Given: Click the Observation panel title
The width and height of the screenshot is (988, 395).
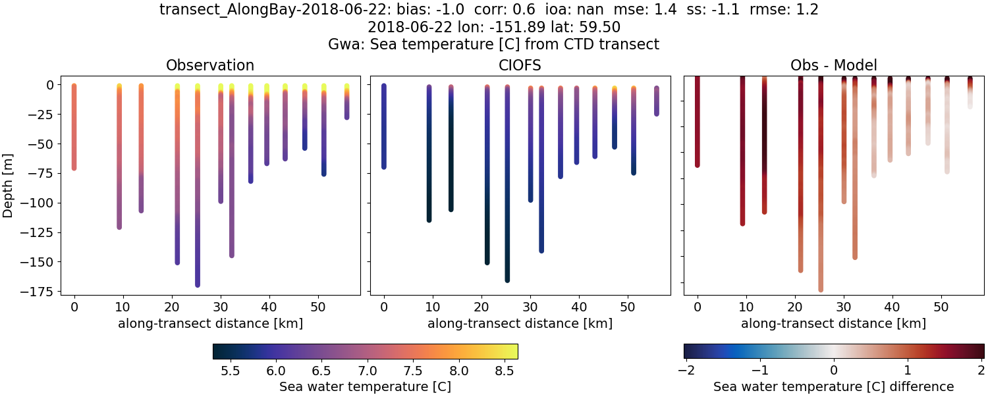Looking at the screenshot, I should coord(210,65).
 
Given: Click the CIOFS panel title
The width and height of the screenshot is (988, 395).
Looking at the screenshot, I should coord(520,65).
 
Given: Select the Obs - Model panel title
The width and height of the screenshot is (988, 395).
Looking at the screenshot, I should coord(833,65).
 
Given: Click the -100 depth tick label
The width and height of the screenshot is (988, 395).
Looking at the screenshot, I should coord(38,203).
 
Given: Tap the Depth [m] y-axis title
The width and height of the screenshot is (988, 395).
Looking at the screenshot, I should coord(9,185).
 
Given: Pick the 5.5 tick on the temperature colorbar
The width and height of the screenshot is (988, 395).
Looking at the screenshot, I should coord(229,371).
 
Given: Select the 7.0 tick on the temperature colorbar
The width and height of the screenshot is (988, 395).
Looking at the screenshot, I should coord(367,371).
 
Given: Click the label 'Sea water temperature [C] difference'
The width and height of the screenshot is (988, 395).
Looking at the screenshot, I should coord(833,386).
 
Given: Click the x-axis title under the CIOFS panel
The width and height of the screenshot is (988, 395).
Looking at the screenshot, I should coord(520,323).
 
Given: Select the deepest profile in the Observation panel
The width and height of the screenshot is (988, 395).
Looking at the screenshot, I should coord(198,197).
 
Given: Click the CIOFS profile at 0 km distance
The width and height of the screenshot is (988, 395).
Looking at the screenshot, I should coord(384,125).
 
